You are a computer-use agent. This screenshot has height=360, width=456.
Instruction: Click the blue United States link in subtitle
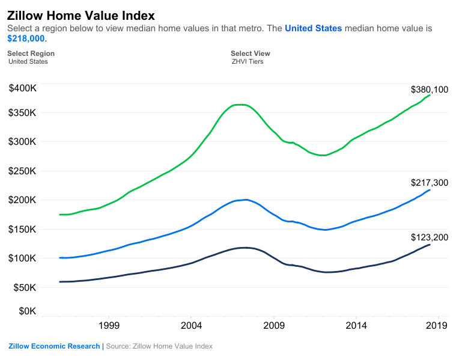tap(313, 28)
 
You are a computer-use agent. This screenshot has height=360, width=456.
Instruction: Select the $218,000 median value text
tap(26, 38)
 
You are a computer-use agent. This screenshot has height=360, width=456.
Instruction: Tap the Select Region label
tap(31, 53)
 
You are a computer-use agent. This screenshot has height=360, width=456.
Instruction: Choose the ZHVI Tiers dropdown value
tap(247, 61)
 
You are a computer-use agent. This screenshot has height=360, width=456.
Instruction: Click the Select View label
tap(250, 53)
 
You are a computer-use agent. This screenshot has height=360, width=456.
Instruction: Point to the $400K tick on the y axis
tap(23, 88)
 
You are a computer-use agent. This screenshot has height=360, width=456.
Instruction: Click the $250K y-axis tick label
tap(23, 171)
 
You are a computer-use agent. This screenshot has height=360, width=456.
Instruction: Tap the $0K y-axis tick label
tap(27, 311)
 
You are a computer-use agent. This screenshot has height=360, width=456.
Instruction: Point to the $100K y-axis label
tap(23, 258)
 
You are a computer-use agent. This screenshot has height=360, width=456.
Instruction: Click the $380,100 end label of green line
tap(429, 90)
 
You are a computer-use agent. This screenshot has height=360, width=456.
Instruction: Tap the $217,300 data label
tap(429, 183)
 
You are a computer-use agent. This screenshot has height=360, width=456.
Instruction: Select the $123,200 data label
tap(429, 237)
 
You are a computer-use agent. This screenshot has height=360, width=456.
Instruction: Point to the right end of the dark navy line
tap(430, 245)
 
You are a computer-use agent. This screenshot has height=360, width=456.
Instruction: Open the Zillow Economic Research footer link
tap(54, 346)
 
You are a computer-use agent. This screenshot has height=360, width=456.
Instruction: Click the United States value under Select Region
tap(28, 61)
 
